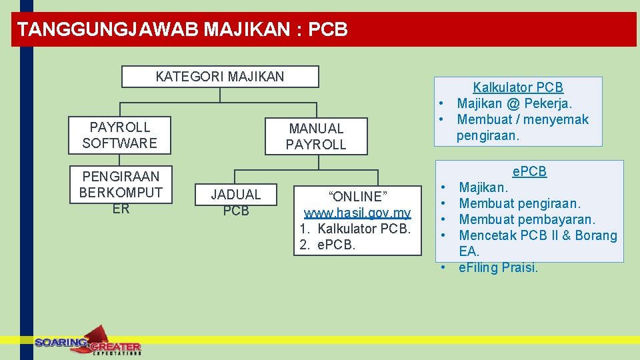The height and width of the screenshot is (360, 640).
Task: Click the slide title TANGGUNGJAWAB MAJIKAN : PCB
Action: [183, 29]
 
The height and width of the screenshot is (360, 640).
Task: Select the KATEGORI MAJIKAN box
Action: [220, 77]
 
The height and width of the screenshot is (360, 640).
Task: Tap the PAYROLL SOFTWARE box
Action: [120, 135]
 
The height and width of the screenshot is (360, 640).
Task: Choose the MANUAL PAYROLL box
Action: [316, 136]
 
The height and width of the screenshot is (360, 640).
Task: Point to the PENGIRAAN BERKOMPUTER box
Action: [120, 193]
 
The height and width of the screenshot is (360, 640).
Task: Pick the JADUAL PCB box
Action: [236, 203]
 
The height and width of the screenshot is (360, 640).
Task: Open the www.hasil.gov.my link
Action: [357, 213]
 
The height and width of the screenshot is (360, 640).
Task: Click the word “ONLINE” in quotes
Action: [357, 197]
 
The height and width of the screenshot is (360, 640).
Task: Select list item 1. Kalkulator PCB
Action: [355, 229]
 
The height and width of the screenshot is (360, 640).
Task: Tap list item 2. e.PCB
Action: [328, 245]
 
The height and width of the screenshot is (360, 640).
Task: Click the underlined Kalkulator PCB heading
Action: [518, 87]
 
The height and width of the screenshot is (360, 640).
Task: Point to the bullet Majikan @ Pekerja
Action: [514, 103]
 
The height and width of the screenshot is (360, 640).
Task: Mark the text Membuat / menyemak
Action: [523, 119]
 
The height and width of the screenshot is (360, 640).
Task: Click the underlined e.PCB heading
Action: [529, 171]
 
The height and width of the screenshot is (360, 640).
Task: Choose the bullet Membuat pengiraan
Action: [520, 203]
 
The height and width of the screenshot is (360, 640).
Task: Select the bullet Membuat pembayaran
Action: [527, 219]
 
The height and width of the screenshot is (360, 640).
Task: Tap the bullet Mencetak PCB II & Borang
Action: [538, 235]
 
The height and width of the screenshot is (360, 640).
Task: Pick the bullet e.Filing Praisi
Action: [498, 267]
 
